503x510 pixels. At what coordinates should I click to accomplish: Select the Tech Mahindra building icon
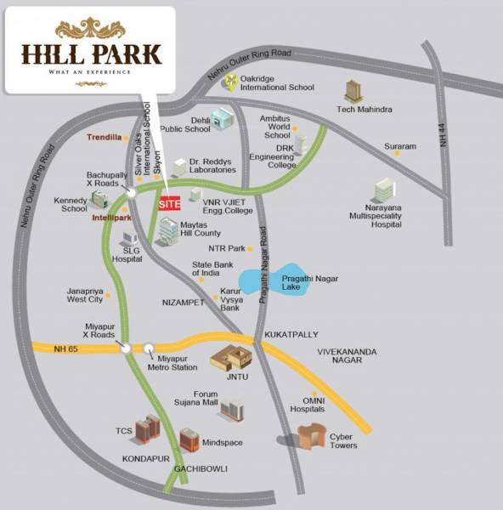click(x=353, y=92)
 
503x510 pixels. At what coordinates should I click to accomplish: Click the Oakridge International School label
click(x=276, y=82)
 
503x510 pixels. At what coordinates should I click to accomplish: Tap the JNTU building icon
click(x=230, y=358)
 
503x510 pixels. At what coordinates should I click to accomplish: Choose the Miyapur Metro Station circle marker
click(x=150, y=347)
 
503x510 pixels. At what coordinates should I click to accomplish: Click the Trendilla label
click(x=104, y=137)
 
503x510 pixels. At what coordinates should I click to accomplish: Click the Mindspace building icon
click(x=189, y=439)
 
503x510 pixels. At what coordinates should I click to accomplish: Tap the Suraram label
click(x=400, y=147)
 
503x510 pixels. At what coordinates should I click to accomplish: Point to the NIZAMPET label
click(x=183, y=302)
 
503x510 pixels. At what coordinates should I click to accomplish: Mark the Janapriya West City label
click(x=85, y=295)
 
